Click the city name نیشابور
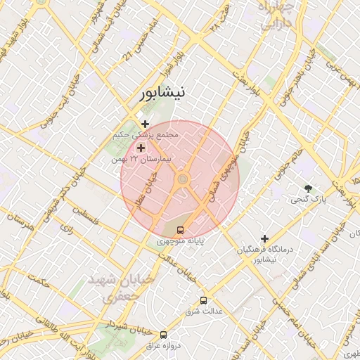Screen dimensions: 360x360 [x=163, y=93]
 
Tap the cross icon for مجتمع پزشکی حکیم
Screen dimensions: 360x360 [x=146, y=124]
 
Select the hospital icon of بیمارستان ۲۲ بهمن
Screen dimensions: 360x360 [x=141, y=148]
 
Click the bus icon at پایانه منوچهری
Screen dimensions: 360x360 [x=181, y=230]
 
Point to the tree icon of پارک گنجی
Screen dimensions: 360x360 [x=308, y=188]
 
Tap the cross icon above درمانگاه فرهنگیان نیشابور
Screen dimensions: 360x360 [x=264, y=239]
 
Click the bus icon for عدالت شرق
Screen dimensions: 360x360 [x=203, y=300]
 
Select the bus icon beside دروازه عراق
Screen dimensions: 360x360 [x=164, y=335]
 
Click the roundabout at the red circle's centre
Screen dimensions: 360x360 [x=182, y=180]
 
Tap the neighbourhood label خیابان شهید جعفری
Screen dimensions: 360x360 [x=120, y=288]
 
